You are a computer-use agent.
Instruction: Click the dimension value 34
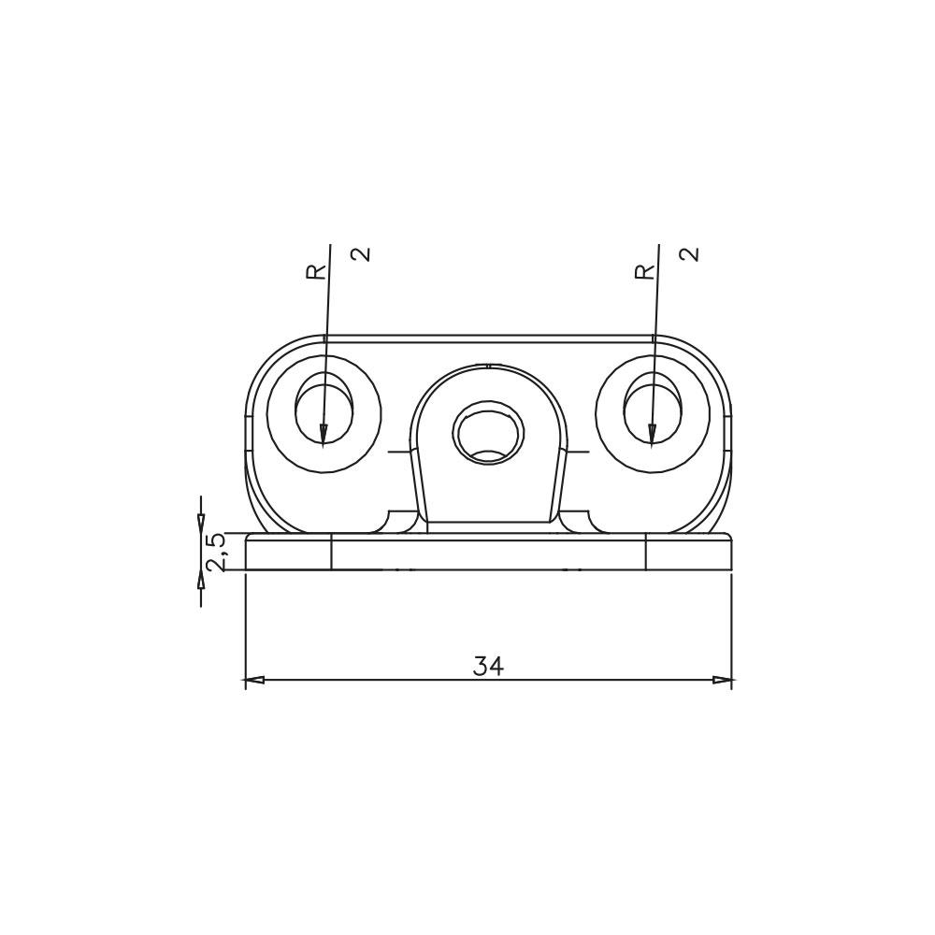point(488,666)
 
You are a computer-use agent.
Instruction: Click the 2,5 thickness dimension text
point(215,553)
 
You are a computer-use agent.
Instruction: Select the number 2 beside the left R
point(361,254)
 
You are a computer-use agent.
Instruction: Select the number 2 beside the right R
point(689,254)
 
